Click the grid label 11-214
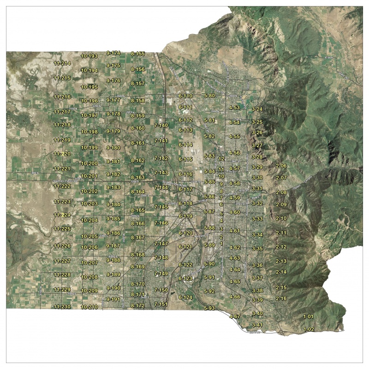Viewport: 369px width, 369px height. (x=62, y=63)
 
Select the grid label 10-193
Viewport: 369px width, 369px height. (x=89, y=56)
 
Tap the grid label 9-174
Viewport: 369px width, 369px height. (x=113, y=53)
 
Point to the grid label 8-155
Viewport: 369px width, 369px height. (x=138, y=54)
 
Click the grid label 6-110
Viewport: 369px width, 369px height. (x=185, y=96)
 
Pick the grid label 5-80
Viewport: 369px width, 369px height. (x=209, y=95)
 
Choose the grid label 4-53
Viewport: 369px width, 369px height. (x=234, y=107)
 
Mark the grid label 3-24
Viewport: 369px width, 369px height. (x=257, y=109)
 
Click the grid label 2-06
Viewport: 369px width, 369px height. (x=281, y=166)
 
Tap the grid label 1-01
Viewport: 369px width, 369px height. (x=308, y=317)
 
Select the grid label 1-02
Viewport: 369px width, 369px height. (x=309, y=329)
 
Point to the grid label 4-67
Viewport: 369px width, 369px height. (x=235, y=316)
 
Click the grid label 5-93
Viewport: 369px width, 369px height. (x=209, y=308)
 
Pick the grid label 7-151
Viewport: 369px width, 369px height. (x=161, y=304)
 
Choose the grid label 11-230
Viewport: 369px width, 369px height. (x=62, y=307)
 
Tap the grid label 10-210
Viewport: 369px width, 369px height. (x=89, y=307)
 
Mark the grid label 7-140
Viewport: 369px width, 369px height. (x=161, y=125)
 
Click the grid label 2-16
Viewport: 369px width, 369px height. (x=281, y=298)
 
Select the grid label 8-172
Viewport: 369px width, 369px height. (x=138, y=306)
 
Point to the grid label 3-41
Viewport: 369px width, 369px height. (x=257, y=325)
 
